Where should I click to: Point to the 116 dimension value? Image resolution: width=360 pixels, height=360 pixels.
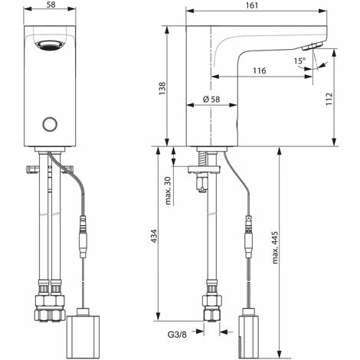259,70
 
